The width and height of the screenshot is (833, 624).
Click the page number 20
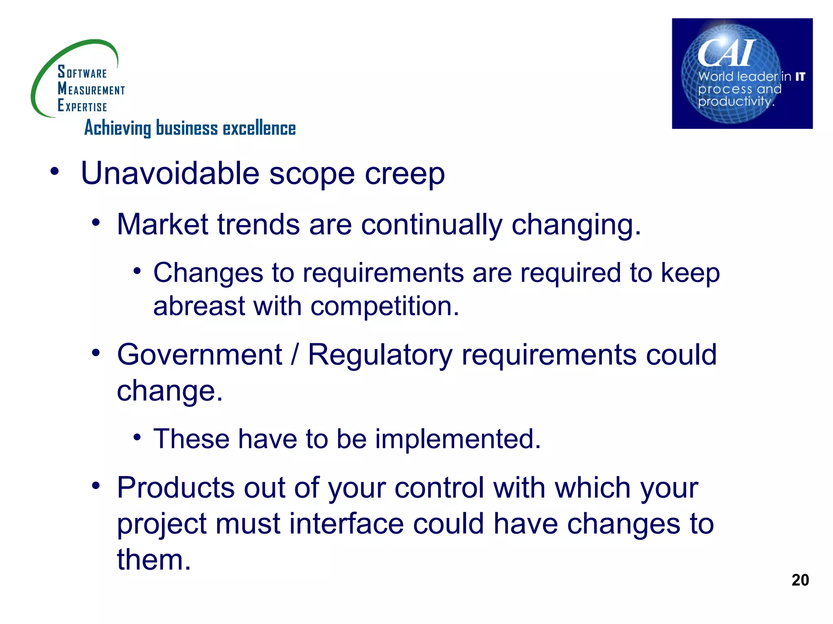click(x=800, y=580)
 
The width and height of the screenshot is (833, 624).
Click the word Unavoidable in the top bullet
click(x=170, y=173)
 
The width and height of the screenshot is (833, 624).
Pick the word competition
click(x=384, y=307)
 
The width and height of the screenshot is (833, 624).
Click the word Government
click(x=199, y=355)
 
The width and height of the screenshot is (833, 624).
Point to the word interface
click(x=346, y=523)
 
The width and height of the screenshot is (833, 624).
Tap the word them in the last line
click(x=153, y=559)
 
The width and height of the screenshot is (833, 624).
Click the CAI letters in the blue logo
click(x=726, y=53)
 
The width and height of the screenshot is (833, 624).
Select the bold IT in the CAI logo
click(x=800, y=76)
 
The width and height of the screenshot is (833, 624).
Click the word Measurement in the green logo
click(x=91, y=89)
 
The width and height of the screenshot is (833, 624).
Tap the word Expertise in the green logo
click(x=82, y=106)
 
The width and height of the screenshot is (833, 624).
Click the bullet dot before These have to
click(x=137, y=438)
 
